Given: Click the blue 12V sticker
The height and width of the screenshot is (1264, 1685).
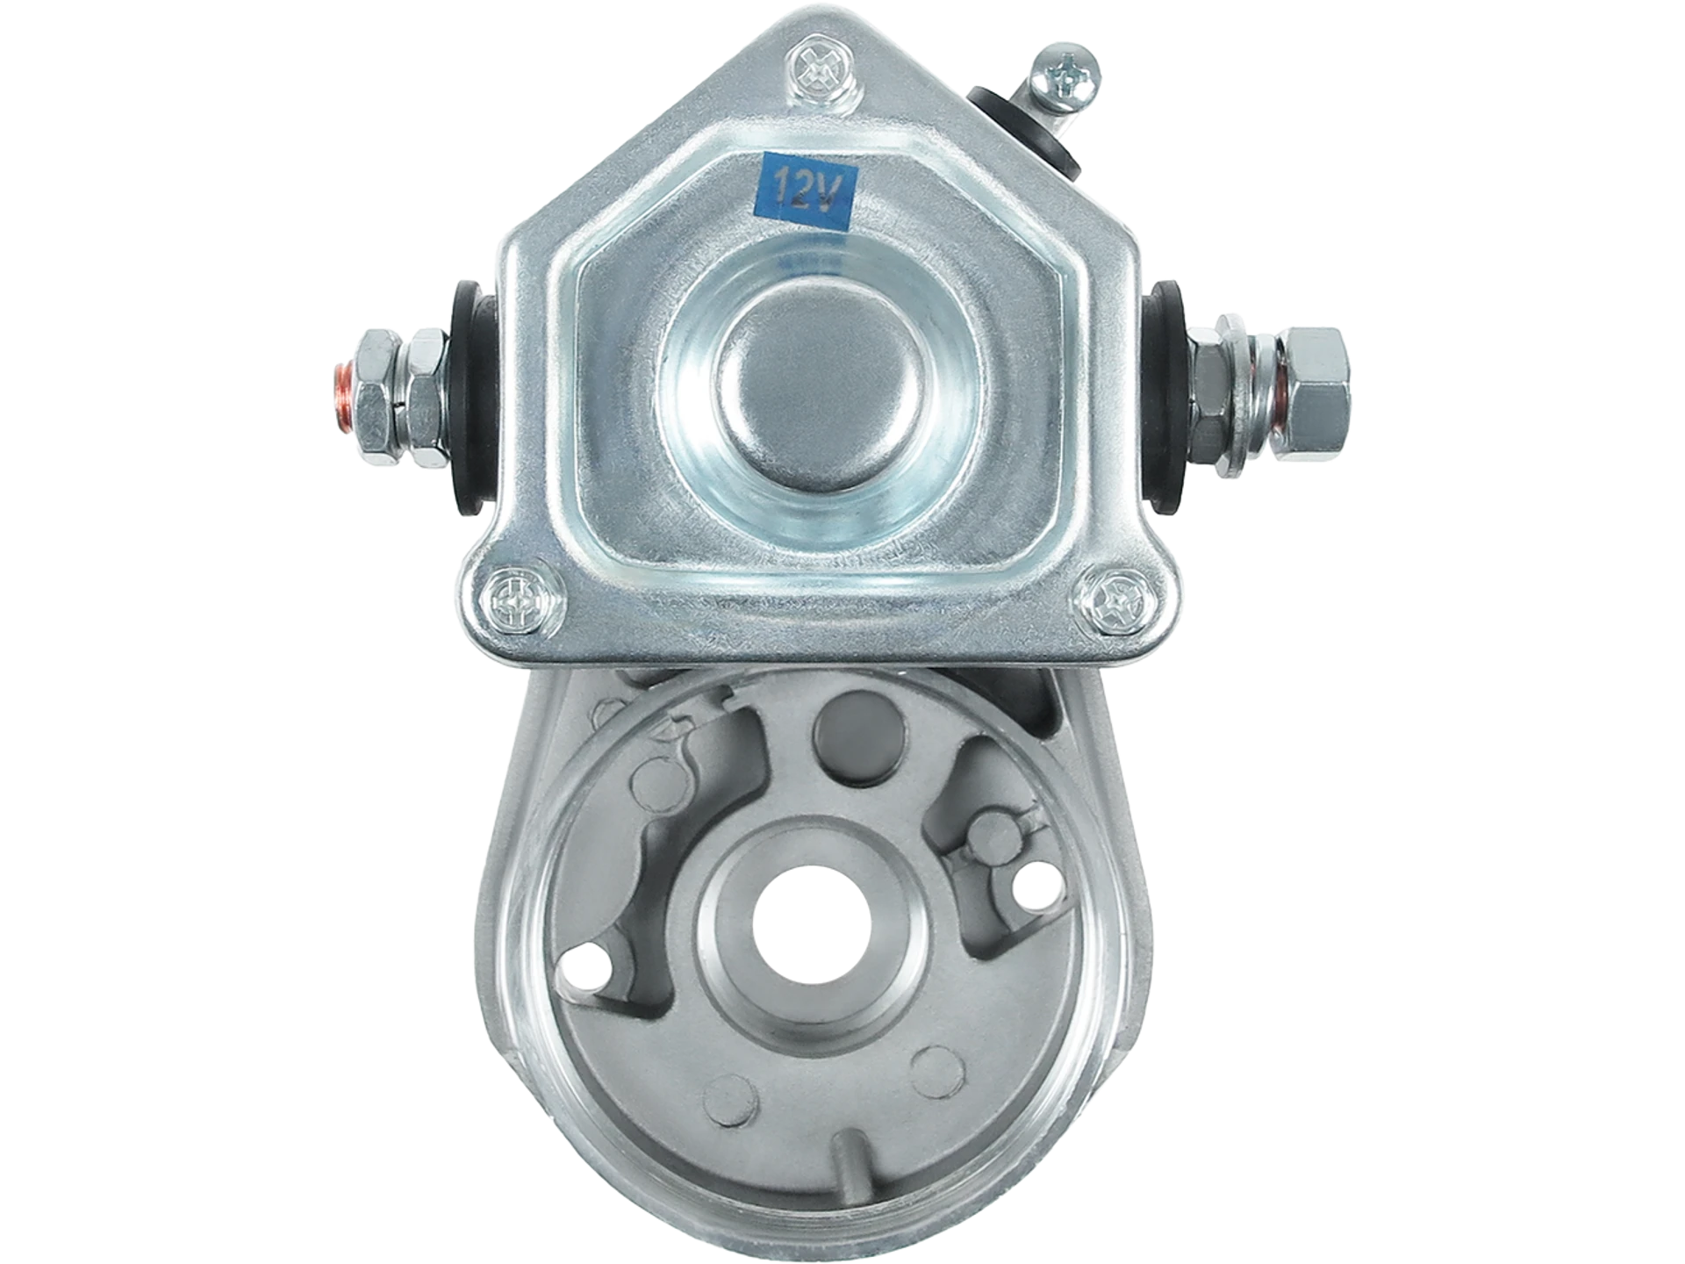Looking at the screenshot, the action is (x=807, y=191).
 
